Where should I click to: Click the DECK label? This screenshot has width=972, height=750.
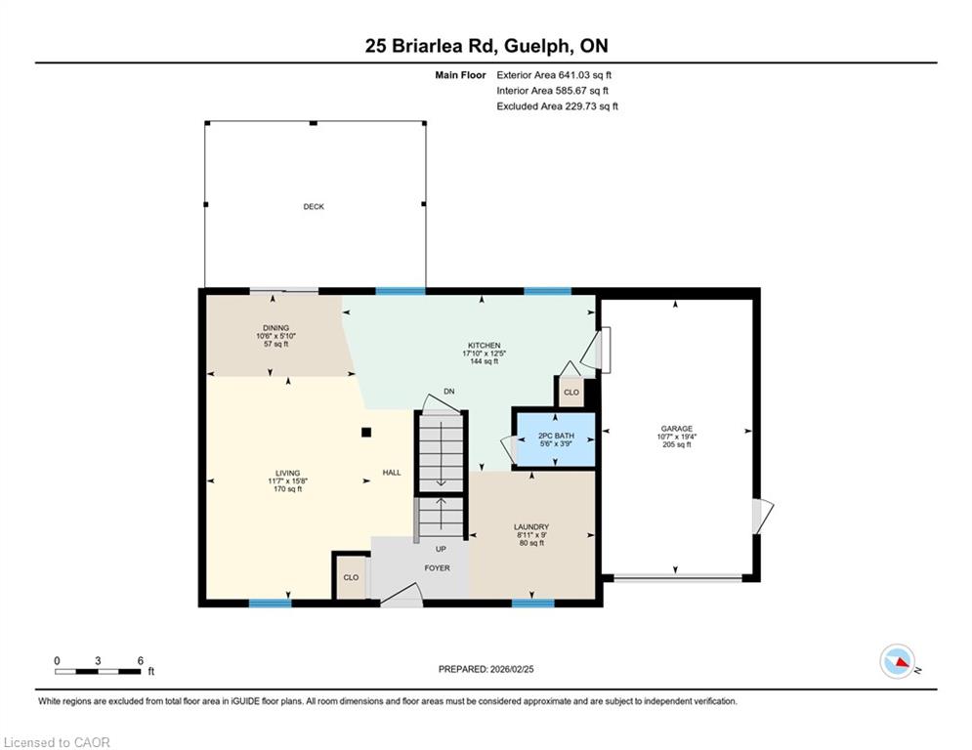click(314, 206)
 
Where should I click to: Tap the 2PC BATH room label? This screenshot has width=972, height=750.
click(556, 436)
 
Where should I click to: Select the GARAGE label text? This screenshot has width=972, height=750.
click(676, 429)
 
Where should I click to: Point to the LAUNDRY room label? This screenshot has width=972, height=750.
click(531, 527)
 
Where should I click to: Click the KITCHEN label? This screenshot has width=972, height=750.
click(485, 346)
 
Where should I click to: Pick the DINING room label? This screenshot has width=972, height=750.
click(275, 328)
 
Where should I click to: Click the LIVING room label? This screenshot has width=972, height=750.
click(287, 473)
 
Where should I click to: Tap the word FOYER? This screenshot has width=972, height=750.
click(437, 567)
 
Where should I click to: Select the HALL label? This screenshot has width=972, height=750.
click(392, 473)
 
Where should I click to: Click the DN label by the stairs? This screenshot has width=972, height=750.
click(449, 392)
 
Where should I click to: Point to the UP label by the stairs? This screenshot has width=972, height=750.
click(441, 549)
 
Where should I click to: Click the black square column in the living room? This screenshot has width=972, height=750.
click(366, 432)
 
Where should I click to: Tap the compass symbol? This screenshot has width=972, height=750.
click(898, 661)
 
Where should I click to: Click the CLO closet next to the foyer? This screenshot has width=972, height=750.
click(351, 577)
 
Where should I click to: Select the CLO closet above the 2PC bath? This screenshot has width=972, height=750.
click(571, 393)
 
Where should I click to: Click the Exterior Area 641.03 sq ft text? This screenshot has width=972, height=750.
click(554, 75)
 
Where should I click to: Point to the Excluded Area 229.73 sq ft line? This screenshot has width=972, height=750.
click(557, 106)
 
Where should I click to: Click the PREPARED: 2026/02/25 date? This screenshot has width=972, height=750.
click(486, 669)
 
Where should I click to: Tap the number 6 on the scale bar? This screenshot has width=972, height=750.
click(141, 661)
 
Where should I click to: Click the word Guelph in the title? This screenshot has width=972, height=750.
click(537, 46)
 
